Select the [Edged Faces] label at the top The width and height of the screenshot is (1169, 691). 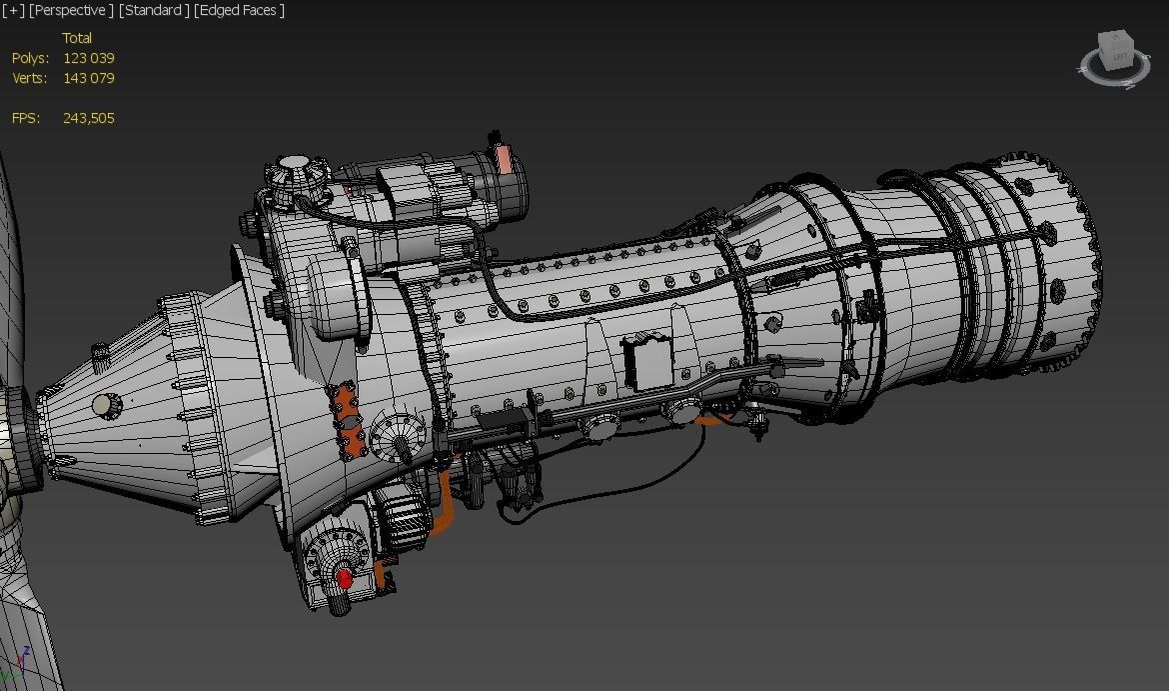[240, 10]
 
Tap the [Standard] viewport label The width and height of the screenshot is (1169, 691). [153, 10]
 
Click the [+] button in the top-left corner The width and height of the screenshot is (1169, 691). [14, 10]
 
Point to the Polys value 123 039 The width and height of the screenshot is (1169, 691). [88, 58]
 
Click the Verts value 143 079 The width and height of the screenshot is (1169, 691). [88, 78]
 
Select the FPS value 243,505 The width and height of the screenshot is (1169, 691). [88, 118]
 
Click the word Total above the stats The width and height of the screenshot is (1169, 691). [77, 38]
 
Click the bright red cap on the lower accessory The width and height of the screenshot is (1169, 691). [345, 578]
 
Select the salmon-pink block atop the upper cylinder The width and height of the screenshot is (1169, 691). [506, 160]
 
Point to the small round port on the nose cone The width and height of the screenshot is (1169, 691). [102, 405]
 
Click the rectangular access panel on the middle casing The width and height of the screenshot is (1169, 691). [646, 362]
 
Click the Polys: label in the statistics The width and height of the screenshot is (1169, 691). [30, 58]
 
